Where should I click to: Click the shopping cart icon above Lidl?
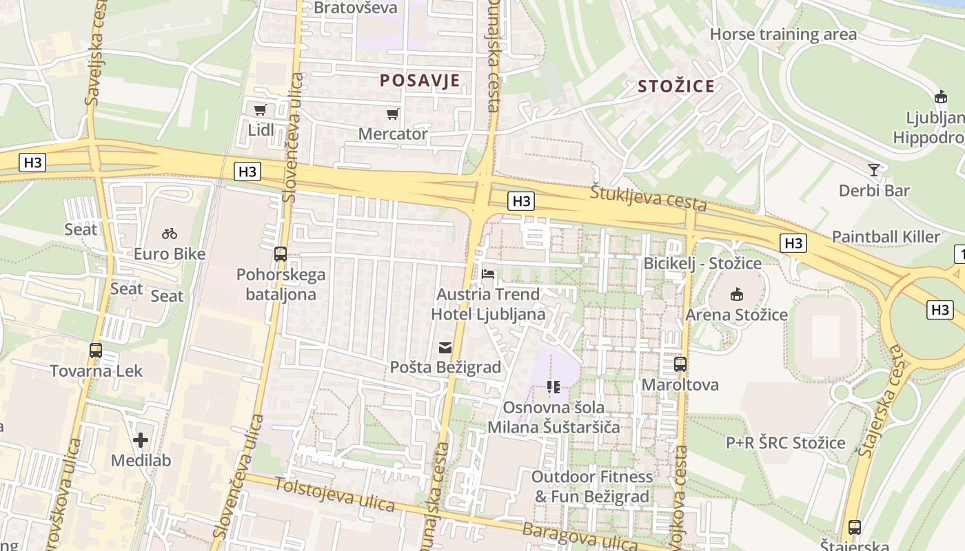(x=260, y=110)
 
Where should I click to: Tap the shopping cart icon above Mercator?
(x=392, y=114)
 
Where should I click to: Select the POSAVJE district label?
(x=420, y=81)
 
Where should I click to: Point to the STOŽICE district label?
(x=676, y=86)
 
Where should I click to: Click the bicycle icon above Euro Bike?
(x=170, y=234)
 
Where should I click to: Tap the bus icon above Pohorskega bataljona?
(x=280, y=253)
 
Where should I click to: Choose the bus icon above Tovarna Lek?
(x=96, y=350)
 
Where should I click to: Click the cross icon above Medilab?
(x=141, y=439)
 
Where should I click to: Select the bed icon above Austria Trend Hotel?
(x=488, y=274)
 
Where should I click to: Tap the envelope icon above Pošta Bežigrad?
(x=445, y=347)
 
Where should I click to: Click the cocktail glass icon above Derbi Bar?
(x=874, y=169)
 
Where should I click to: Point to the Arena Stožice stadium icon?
(x=736, y=295)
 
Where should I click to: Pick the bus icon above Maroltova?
(x=680, y=364)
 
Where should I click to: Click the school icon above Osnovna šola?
(x=553, y=387)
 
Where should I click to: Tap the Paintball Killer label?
(x=886, y=237)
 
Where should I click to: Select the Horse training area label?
(x=783, y=34)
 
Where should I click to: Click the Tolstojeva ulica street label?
(x=335, y=495)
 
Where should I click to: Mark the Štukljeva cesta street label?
(x=648, y=198)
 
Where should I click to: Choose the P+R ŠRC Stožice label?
(x=785, y=442)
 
